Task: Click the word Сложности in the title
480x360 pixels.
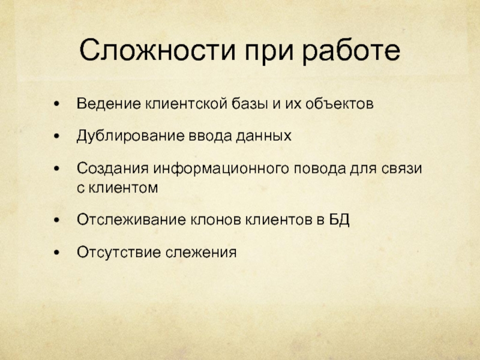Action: coord(157,50)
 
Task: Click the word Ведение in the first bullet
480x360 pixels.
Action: coord(109,104)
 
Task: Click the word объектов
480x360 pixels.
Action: coord(339,103)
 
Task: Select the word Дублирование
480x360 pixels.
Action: coord(130,136)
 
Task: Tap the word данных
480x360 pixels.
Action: coord(263,136)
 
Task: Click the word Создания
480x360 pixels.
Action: coord(113,169)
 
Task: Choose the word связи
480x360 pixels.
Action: coord(401,169)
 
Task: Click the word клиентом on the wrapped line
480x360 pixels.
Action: coord(123,187)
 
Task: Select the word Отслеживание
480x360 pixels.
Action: coord(131,220)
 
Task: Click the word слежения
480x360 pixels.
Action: coord(201,253)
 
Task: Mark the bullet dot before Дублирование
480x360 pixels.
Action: coord(56,136)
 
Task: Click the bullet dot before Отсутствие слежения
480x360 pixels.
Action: coord(56,253)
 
